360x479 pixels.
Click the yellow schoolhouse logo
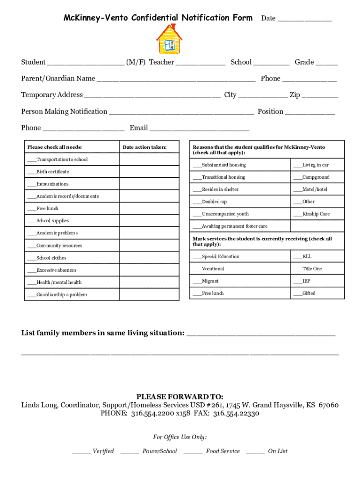point(169,39)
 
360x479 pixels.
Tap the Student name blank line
point(86,63)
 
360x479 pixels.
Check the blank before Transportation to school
point(32,160)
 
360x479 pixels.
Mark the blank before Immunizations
point(32,184)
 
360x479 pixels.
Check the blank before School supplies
point(32,221)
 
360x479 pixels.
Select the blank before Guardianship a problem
point(32,295)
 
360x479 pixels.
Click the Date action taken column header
point(144,147)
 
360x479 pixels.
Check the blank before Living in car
point(297,166)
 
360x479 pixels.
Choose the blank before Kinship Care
point(297,214)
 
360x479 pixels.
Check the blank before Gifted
point(297,294)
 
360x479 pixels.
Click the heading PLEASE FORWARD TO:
point(180,396)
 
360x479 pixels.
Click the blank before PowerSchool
point(130,451)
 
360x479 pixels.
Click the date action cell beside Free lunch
point(149,209)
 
